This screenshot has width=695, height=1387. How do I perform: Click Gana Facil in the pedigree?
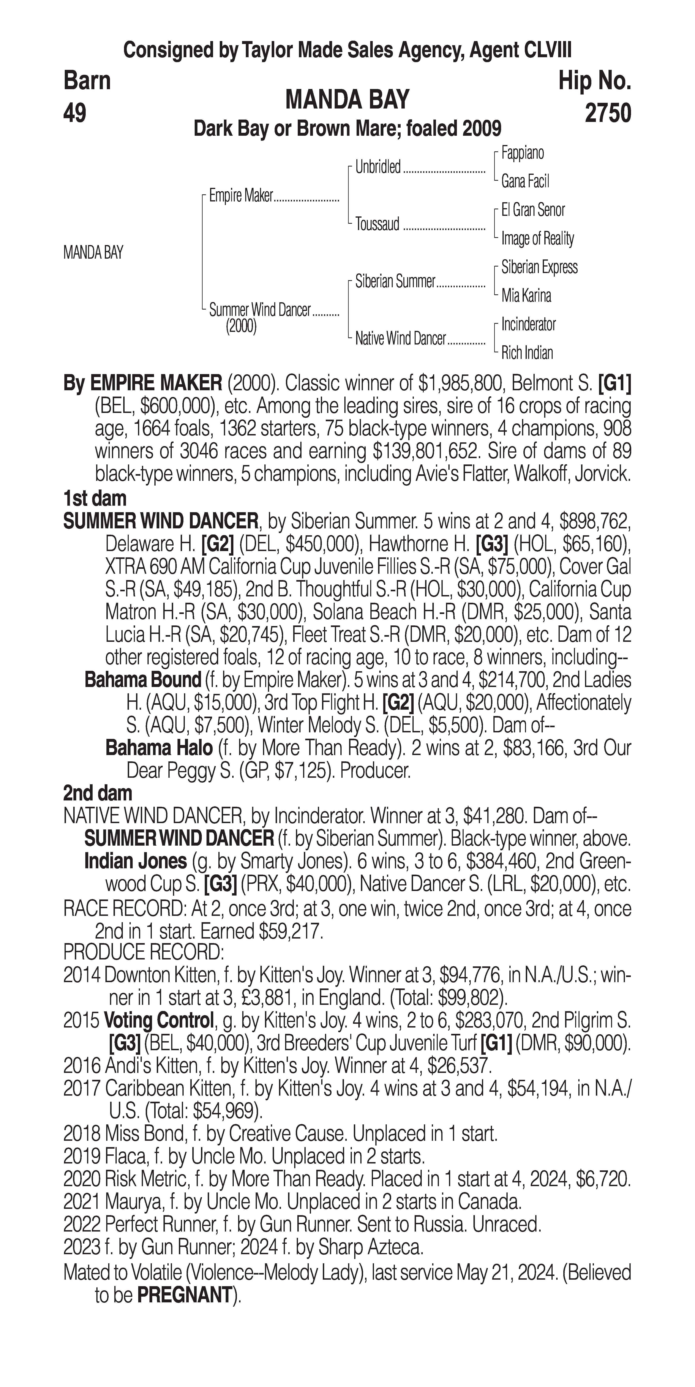pyautogui.click(x=525, y=182)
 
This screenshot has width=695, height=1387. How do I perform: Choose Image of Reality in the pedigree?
pyautogui.click(x=537, y=239)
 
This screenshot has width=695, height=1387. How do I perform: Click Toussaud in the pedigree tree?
pyautogui.click(x=377, y=224)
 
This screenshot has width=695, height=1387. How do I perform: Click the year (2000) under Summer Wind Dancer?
pyautogui.click(x=241, y=326)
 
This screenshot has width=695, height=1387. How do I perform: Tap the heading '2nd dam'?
pyautogui.click(x=98, y=793)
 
